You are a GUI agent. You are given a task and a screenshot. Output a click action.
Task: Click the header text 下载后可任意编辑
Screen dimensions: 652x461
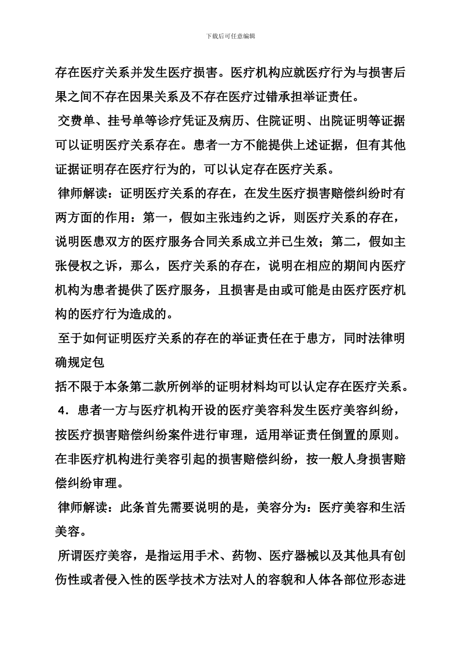tap(231, 36)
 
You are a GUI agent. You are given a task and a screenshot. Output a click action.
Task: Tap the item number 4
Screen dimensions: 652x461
tap(62, 411)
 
